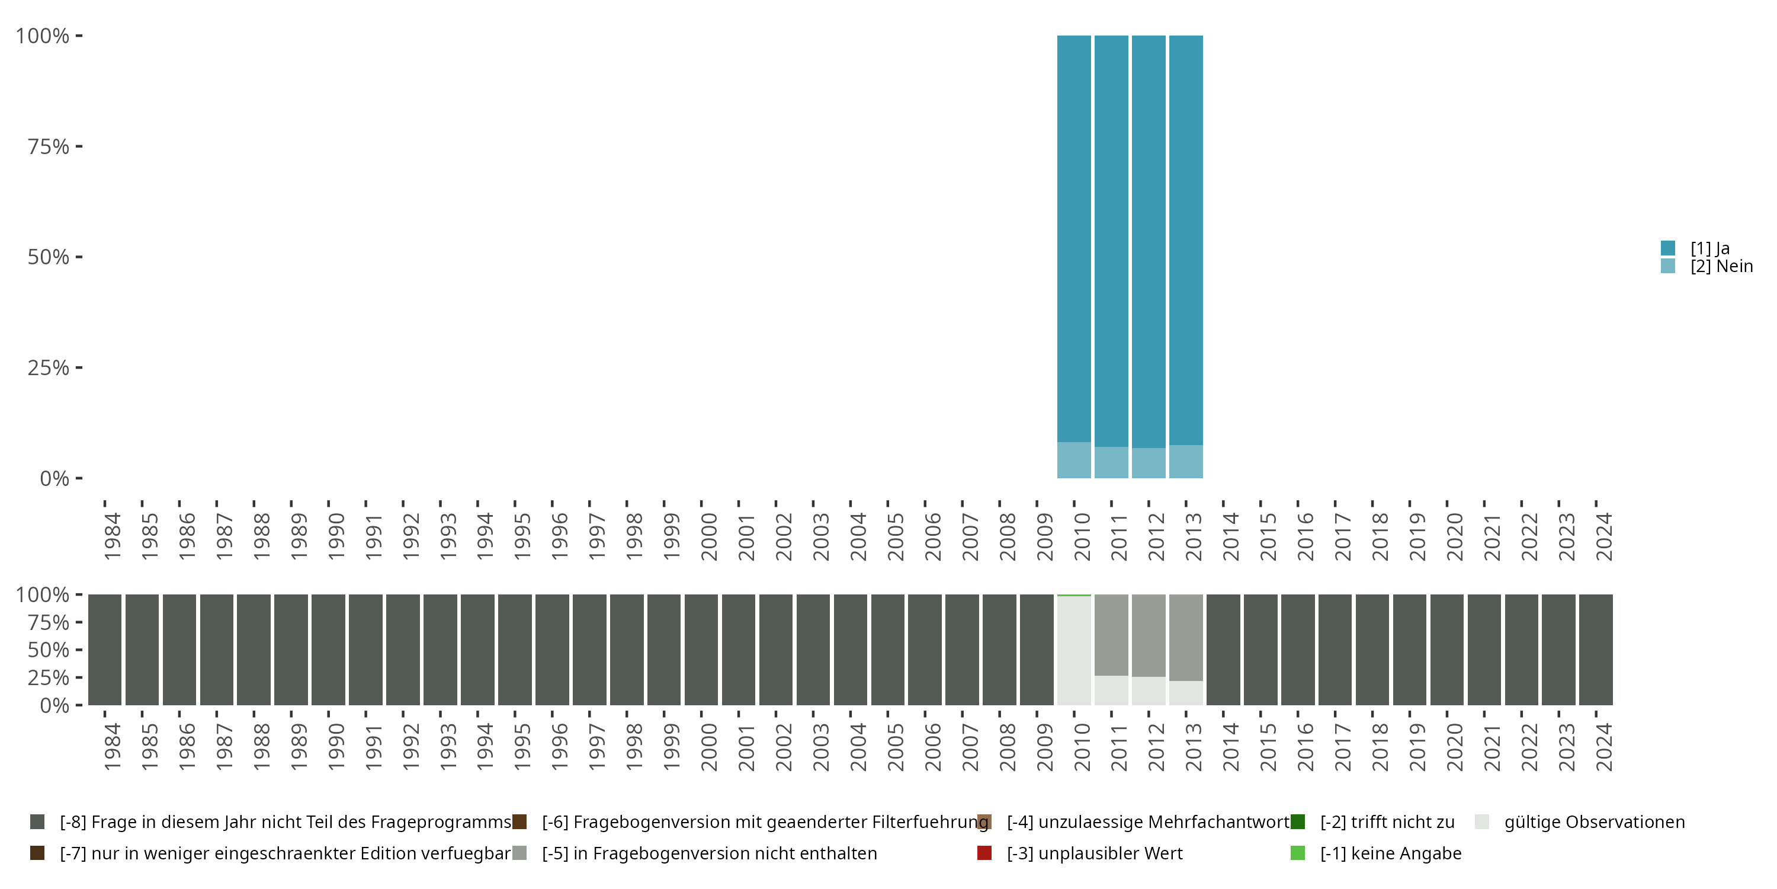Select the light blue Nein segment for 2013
(x=1186, y=462)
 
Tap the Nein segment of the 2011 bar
(x=1111, y=462)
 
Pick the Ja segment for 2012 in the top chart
(x=1149, y=242)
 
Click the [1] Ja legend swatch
(x=1668, y=248)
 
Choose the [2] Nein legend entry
(x=1721, y=267)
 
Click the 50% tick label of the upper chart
(x=49, y=257)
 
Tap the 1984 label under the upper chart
(x=112, y=536)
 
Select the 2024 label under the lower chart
(x=1604, y=747)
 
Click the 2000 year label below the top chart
(x=708, y=536)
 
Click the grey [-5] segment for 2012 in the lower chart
(x=1149, y=635)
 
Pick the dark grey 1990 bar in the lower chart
(x=328, y=650)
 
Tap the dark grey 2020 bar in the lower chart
(x=1447, y=650)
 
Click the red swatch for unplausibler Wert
(x=984, y=853)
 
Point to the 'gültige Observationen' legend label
(x=1594, y=822)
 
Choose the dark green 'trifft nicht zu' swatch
(x=1298, y=822)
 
